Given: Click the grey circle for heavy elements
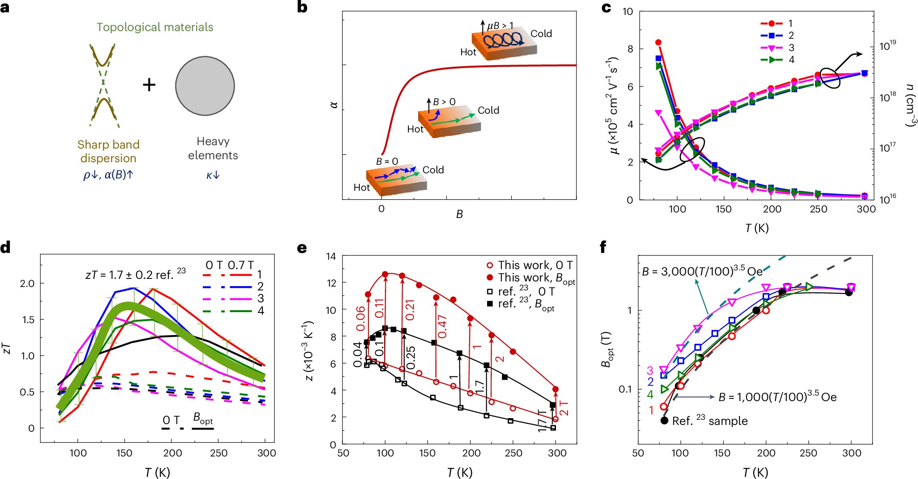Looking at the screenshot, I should click(205, 86).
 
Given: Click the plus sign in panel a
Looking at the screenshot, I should click(149, 85).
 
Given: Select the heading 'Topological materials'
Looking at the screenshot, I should click(155, 27).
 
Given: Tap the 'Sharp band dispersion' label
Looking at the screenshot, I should click(108, 151).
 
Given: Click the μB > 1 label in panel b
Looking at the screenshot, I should click(500, 26).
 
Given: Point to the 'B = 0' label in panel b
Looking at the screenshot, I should click(387, 161).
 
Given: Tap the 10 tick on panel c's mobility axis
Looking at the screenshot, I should click(627, 12).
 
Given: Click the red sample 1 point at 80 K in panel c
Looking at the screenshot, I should click(658, 43).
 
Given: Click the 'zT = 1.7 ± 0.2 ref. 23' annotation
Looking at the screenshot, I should click(135, 274).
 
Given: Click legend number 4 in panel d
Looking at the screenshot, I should click(261, 311).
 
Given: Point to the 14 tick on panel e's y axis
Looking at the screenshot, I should click(331, 256).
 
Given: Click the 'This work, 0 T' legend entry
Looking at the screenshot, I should click(530, 265).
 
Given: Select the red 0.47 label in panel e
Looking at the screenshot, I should click(442, 327).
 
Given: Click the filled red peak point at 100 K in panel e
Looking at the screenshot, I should click(385, 275).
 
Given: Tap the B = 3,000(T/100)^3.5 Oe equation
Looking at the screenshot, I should click(702, 271).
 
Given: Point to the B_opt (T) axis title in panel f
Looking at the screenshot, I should click(606, 349).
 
